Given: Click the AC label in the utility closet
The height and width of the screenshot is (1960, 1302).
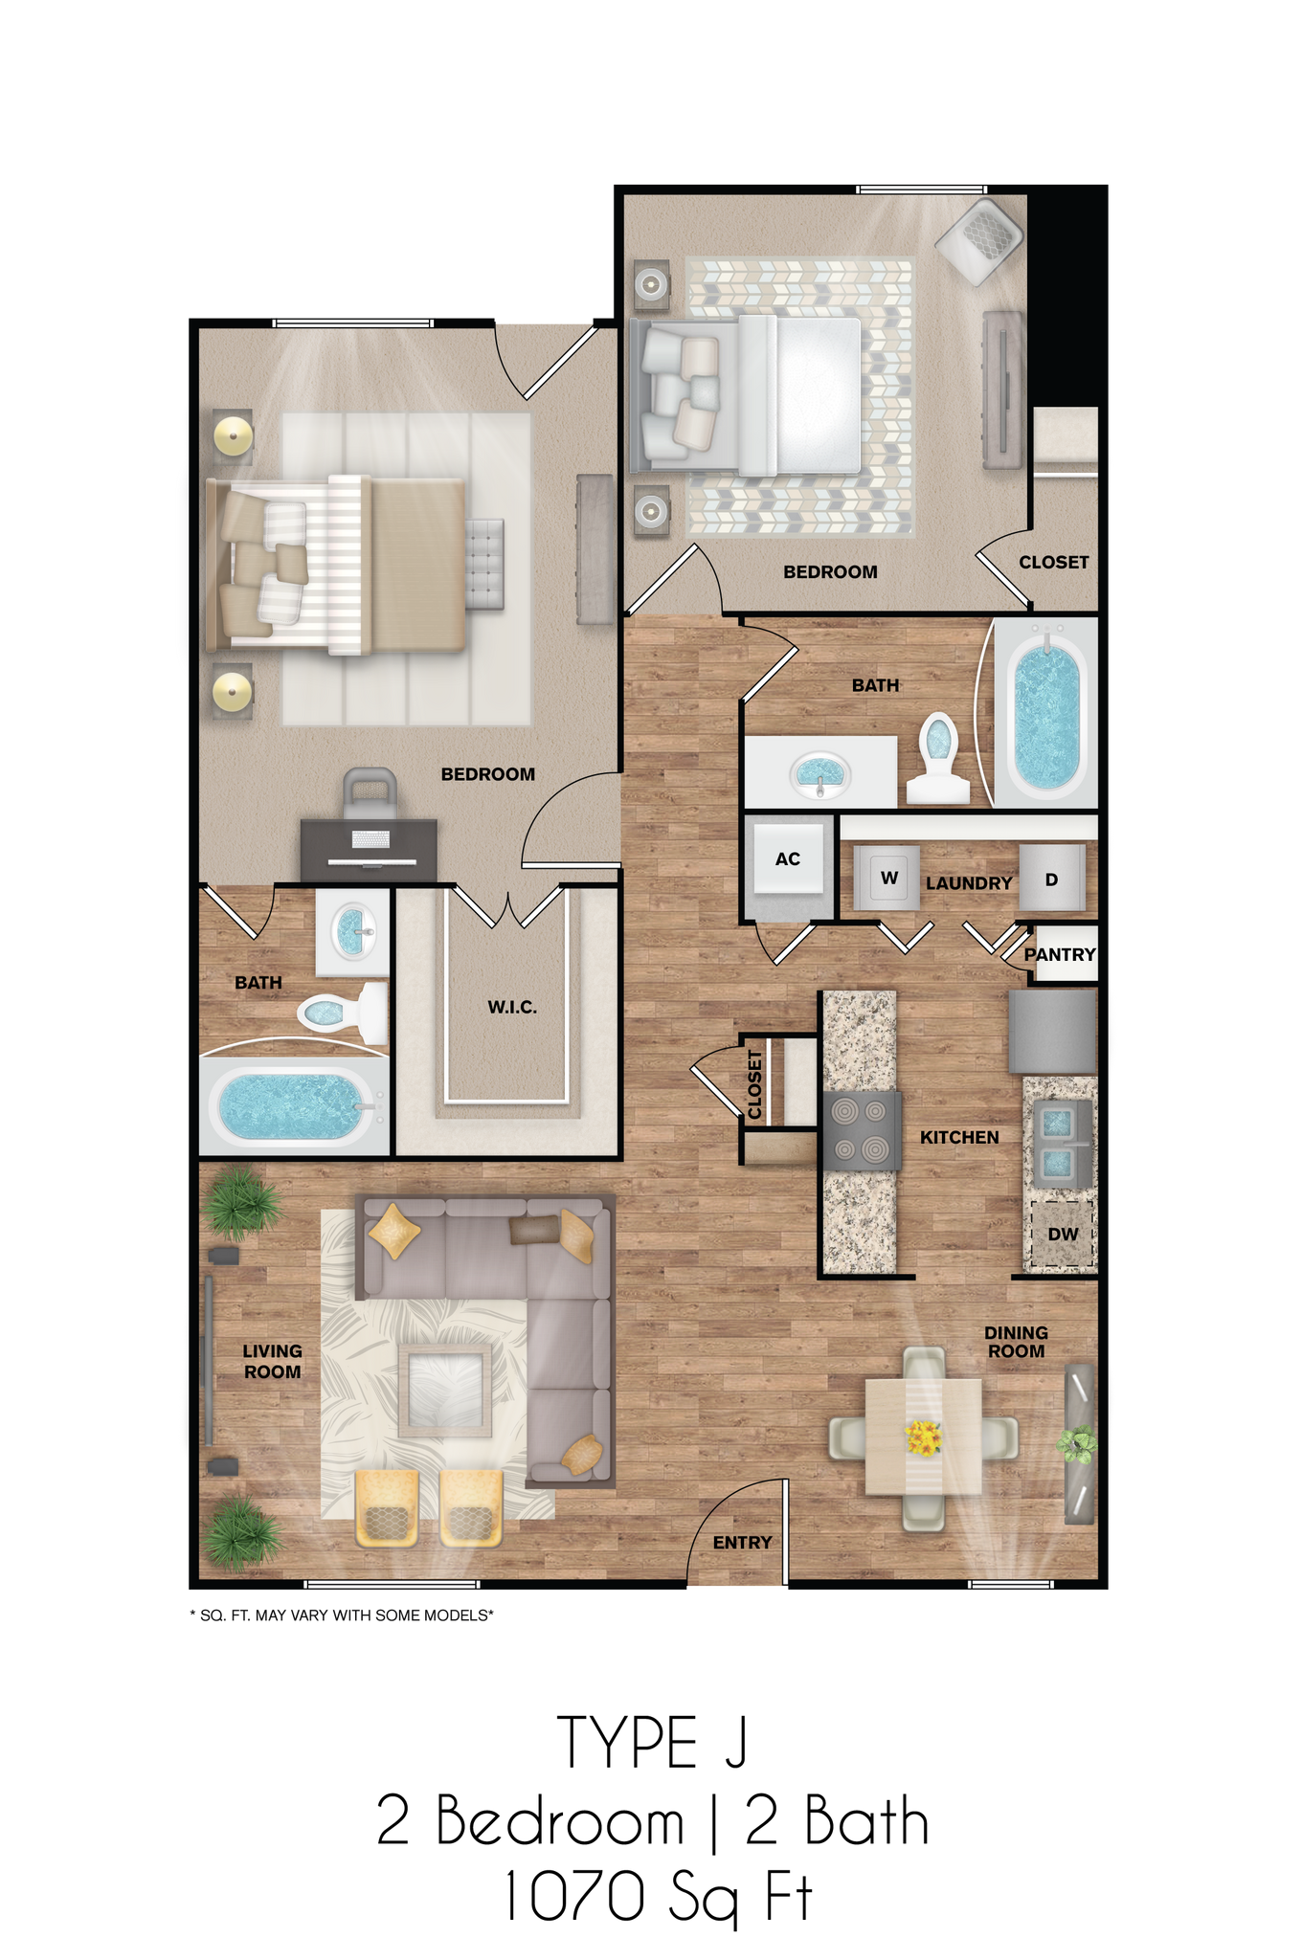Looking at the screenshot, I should (x=787, y=859).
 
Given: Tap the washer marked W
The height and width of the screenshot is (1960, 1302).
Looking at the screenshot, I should (x=888, y=878).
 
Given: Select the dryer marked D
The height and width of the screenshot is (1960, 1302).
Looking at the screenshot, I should (x=1051, y=879).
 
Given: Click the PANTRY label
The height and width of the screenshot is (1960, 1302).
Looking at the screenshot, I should (x=1060, y=954).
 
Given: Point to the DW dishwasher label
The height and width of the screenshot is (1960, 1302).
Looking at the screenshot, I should (x=1062, y=1234).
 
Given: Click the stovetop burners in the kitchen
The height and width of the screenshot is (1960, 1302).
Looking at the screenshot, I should (x=861, y=1130).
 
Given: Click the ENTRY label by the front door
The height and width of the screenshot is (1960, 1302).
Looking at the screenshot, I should (x=742, y=1542).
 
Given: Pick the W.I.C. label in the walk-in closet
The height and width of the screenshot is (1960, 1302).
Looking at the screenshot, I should (x=512, y=1007).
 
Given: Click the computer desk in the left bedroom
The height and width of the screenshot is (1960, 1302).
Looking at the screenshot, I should (x=369, y=848).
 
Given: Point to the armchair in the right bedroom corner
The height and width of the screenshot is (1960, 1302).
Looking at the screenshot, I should (x=978, y=238).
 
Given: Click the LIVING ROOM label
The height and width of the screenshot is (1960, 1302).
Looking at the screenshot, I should (x=272, y=1361).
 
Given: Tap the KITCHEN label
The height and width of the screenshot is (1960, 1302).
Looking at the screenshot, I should (x=959, y=1137).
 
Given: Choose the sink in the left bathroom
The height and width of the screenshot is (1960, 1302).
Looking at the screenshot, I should (x=351, y=930).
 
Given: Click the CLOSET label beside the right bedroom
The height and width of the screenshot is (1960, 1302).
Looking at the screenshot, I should (x=1053, y=562).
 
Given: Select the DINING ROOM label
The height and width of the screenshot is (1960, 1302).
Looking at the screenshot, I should (x=1016, y=1341).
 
